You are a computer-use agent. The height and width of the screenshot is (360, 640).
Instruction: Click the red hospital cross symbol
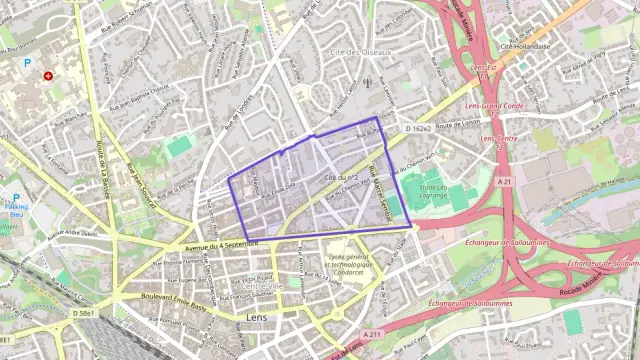click(x=47, y=75)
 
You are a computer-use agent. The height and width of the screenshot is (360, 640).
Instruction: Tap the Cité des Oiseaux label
click(x=362, y=52)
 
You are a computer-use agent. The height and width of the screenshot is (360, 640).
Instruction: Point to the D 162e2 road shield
click(x=419, y=129)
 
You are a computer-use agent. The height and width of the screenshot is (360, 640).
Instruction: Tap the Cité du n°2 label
click(x=342, y=177)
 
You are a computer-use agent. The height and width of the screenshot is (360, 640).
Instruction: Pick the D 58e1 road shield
click(x=85, y=314)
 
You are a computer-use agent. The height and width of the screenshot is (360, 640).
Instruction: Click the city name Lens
click(x=255, y=318)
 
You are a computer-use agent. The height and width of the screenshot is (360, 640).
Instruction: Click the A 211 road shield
click(x=373, y=334)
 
